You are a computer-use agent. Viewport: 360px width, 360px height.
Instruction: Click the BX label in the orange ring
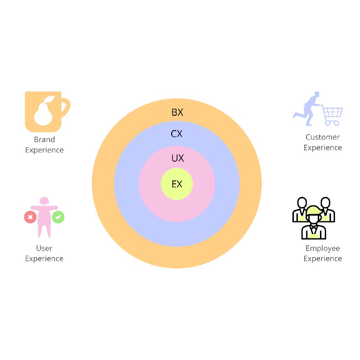click(x=177, y=112)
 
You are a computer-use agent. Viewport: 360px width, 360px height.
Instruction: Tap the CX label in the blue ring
click(x=177, y=134)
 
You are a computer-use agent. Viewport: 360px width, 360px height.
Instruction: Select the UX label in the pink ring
click(x=178, y=158)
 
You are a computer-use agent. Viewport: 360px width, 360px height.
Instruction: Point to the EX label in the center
click(x=177, y=184)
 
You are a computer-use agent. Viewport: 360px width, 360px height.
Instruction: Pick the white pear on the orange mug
click(x=44, y=111)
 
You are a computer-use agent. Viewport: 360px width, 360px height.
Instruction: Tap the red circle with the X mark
click(x=30, y=217)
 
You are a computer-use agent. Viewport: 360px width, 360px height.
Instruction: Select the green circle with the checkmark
click(x=58, y=217)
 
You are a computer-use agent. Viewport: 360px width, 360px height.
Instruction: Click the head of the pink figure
click(x=44, y=201)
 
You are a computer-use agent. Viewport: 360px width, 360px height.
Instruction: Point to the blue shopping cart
click(x=332, y=115)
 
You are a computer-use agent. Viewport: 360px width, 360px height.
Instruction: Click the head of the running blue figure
click(x=317, y=94)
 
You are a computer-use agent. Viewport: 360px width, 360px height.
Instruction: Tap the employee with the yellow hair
click(x=314, y=223)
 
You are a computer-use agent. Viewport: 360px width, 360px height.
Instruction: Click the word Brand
click(x=44, y=139)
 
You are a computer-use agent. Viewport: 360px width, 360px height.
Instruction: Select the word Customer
click(x=323, y=137)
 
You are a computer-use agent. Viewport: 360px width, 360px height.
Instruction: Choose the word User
click(x=44, y=248)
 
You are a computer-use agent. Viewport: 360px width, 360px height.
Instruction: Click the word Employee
click(x=323, y=248)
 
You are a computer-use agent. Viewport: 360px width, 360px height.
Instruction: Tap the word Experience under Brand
click(x=44, y=150)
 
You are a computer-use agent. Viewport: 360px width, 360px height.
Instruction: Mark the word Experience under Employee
click(x=323, y=259)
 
